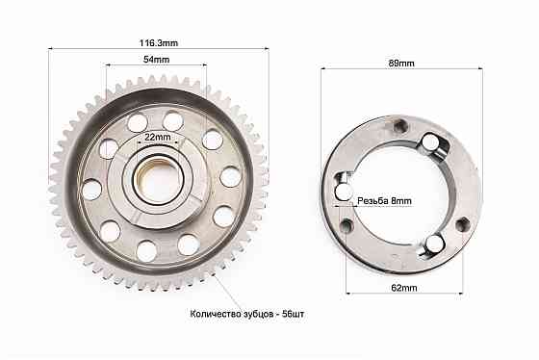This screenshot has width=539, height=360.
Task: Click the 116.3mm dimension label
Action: pos(159,43)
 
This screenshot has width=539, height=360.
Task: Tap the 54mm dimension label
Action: pos(156,60)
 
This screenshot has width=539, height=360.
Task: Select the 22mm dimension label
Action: pos(158,137)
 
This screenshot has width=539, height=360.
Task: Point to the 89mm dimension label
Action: pos(401,64)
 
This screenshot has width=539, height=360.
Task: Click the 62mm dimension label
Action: pos(404,288)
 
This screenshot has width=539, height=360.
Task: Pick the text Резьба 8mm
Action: pos(384,201)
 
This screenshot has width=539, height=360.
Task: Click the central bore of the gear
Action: pos(158,180)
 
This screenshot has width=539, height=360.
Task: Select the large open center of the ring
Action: pos(398,193)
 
